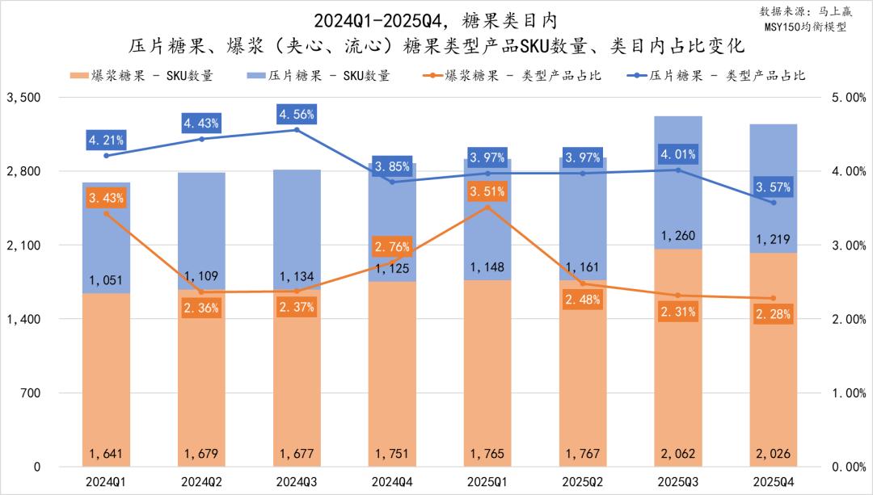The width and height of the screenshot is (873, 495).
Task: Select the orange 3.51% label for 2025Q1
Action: click(x=487, y=192)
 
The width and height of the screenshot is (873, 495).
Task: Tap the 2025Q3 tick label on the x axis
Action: click(x=677, y=481)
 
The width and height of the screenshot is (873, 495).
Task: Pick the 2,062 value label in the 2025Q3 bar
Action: click(x=677, y=453)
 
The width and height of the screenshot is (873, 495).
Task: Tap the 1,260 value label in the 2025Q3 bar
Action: click(x=677, y=237)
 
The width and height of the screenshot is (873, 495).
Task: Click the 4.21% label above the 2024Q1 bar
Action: click(x=106, y=140)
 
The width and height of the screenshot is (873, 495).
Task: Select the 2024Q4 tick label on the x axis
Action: click(x=392, y=481)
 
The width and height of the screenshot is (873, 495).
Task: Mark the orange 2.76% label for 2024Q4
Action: click(x=392, y=247)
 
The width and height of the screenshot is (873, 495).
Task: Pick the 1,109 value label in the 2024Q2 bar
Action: click(x=201, y=276)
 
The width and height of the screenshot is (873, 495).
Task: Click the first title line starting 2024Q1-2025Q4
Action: click(x=436, y=18)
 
